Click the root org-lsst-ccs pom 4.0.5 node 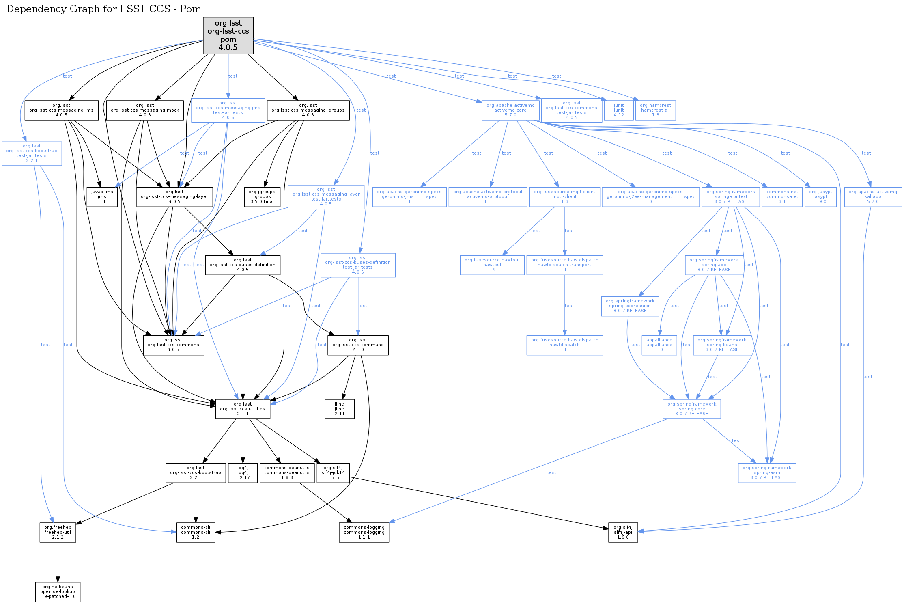pyautogui.click(x=228, y=35)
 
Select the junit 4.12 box pyautogui.click(x=618, y=110)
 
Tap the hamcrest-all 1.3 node pyautogui.click(x=655, y=110)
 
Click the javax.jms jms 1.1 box pyautogui.click(x=102, y=196)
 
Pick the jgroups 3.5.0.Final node pyautogui.click(x=262, y=196)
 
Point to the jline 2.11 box pyautogui.click(x=339, y=409)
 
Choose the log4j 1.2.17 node pyautogui.click(x=243, y=472)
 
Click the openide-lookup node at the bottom pyautogui.click(x=58, y=591)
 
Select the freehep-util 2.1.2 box pyautogui.click(x=58, y=532)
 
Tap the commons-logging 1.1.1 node pyautogui.click(x=364, y=532)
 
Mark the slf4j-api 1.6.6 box pyautogui.click(x=623, y=532)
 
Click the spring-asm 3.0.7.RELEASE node pyautogui.click(x=767, y=472)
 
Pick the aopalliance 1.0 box pyautogui.click(x=659, y=345)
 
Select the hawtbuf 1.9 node pyautogui.click(x=492, y=265)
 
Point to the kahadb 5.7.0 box pyautogui.click(x=872, y=196)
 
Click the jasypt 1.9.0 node pyautogui.click(x=820, y=196)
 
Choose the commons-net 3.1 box pyautogui.click(x=782, y=196)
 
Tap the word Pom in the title pyautogui.click(x=191, y=9)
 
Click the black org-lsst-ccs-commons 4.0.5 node pyautogui.click(x=173, y=345)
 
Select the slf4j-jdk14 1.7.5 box pyautogui.click(x=333, y=472)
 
